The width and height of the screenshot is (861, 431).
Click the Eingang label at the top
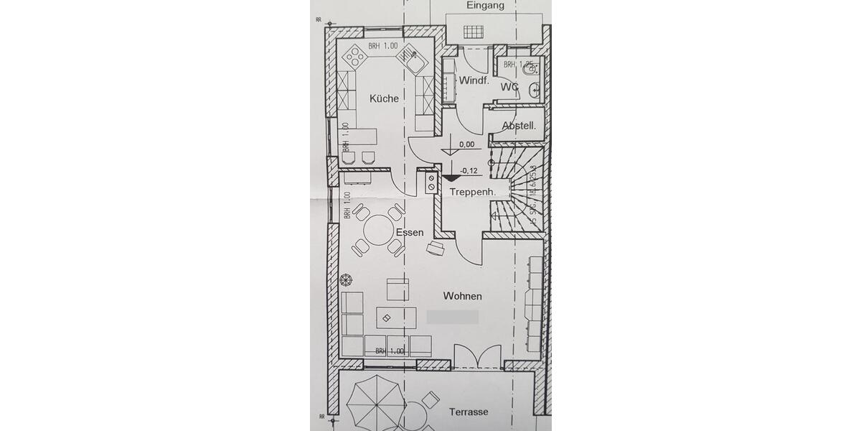pyautogui.click(x=485, y=6)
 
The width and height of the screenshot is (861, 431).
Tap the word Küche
pyautogui.click(x=384, y=98)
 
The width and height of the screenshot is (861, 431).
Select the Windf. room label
pyautogui.click(x=474, y=80)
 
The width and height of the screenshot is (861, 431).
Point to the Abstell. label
pyautogui.click(x=519, y=126)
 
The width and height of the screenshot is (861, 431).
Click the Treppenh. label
pyautogui.click(x=474, y=193)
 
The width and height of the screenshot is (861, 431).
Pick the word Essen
pyautogui.click(x=409, y=233)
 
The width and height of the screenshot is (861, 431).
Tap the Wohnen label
pyautogui.click(x=463, y=296)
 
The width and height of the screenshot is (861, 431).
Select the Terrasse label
pyautogui.click(x=469, y=412)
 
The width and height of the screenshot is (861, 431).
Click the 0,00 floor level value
pyautogui.click(x=466, y=144)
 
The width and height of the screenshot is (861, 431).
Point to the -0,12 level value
pyautogui.click(x=469, y=170)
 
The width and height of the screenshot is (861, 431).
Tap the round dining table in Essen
pyautogui.click(x=378, y=231)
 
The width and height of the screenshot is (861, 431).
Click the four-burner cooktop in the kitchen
pyautogui.click(x=353, y=55)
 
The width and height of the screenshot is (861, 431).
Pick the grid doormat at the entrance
pyautogui.click(x=474, y=31)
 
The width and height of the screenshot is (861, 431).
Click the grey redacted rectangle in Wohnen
pyautogui.click(x=452, y=316)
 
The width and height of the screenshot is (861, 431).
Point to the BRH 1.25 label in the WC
pyautogui.click(x=519, y=65)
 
